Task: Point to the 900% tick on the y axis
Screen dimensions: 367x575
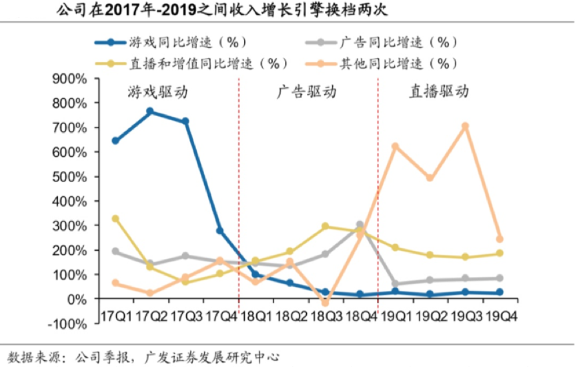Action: (x=69, y=79)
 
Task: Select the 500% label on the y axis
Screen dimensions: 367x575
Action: (x=69, y=177)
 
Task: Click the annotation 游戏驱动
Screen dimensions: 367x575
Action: (x=157, y=92)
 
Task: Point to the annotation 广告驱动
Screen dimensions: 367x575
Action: (x=307, y=92)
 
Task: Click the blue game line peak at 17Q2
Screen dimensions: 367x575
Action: (x=150, y=111)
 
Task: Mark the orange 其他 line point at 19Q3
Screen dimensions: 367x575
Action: (x=466, y=126)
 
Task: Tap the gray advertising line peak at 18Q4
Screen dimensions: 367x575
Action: (x=360, y=225)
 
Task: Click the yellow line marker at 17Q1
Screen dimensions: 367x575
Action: (x=115, y=218)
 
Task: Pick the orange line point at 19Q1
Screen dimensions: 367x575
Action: (x=396, y=146)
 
